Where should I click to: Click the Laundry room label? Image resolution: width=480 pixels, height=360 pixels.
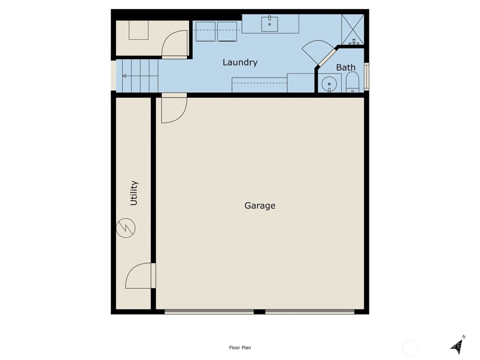pos(240,62)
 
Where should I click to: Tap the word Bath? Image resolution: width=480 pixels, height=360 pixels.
pos(346,68)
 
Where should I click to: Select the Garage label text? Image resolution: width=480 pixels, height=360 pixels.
pos(260,205)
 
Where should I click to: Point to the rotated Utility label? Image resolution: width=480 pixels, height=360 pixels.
pos(134,193)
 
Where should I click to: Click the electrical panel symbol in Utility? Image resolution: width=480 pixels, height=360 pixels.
pos(126,228)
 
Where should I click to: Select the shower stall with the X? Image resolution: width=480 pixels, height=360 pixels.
pos(352,29)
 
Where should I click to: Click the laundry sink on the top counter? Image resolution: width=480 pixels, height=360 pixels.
pos(269,24)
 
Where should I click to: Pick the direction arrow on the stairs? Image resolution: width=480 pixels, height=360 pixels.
pos(125,76)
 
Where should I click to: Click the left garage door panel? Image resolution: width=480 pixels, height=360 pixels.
pos(209,312)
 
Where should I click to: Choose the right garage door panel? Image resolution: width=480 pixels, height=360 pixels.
pos(310,312)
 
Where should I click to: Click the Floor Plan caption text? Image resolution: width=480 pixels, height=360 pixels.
pos(240,348)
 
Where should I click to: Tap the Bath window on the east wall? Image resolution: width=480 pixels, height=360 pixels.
pos(366,76)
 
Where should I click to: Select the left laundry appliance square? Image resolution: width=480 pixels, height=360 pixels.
pos(205,32)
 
